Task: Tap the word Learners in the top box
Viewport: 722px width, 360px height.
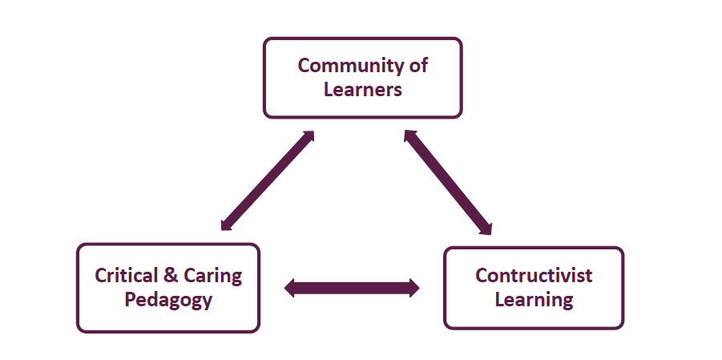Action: (x=362, y=89)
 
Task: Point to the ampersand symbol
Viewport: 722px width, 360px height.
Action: (x=170, y=276)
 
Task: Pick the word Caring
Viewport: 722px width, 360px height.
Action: (x=212, y=277)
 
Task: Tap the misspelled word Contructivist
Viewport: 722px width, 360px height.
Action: (x=534, y=276)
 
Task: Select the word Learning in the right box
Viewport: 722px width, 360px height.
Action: (x=534, y=300)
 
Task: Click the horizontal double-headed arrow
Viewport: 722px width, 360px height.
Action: (x=353, y=288)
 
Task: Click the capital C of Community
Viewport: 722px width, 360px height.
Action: (x=305, y=66)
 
